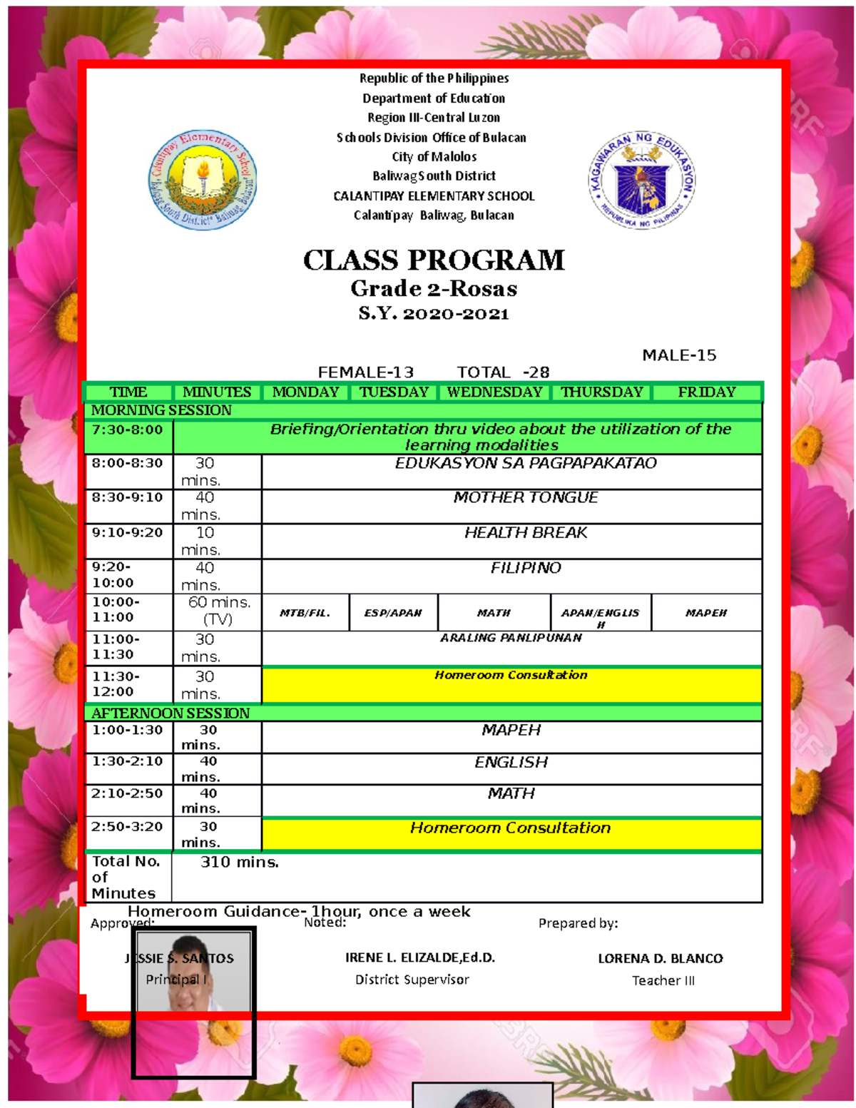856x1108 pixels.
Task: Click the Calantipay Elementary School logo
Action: [x=203, y=180]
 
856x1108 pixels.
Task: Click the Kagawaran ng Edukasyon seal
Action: [x=641, y=180]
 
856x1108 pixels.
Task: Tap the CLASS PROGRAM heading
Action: [x=434, y=260]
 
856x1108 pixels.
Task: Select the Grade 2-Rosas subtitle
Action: [x=434, y=289]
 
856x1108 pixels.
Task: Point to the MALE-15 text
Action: [x=679, y=355]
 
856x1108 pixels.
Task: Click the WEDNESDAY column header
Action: [x=494, y=392]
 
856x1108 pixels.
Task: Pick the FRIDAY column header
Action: [x=706, y=392]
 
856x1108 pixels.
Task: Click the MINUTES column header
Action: [x=217, y=392]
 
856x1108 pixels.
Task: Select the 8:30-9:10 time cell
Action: [x=128, y=497]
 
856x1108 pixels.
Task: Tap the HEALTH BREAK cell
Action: [x=526, y=533]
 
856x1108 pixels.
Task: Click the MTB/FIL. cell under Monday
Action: [x=305, y=613]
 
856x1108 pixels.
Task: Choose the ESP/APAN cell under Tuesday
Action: [x=393, y=613]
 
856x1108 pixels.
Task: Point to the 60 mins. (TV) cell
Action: [x=218, y=611]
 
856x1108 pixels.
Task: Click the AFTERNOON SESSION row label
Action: [x=170, y=713]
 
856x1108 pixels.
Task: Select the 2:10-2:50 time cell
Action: [x=128, y=793]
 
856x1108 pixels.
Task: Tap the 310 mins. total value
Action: [x=239, y=862]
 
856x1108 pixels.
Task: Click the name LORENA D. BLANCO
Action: [x=661, y=958]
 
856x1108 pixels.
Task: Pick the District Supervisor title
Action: [x=412, y=980]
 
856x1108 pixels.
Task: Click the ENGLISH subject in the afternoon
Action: [x=511, y=763]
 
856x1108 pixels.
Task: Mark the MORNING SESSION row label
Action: [x=161, y=410]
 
